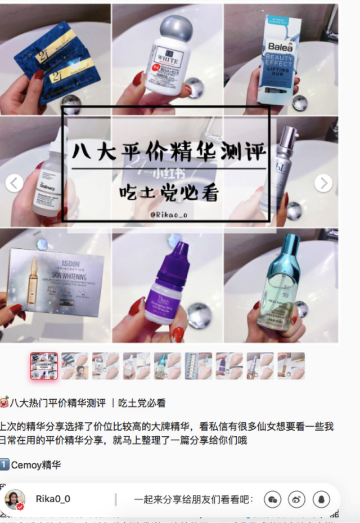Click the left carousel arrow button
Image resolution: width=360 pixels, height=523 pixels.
coord(14,183)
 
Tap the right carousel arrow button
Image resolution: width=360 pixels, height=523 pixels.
coord(323,183)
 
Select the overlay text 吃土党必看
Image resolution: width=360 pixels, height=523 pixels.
coord(169,192)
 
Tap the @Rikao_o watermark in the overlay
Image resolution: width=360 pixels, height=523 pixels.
coord(168,214)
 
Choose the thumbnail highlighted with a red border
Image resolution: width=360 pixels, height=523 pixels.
coord(44,366)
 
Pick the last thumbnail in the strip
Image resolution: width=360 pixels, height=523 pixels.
coord(291,366)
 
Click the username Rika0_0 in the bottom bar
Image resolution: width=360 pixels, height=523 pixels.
coord(53,499)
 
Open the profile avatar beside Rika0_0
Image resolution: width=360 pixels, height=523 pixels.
coord(15,499)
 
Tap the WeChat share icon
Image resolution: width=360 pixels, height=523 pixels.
coord(273,499)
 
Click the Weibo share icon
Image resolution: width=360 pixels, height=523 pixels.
coord(297,499)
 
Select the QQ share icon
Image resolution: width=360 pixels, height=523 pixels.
coord(321,499)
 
